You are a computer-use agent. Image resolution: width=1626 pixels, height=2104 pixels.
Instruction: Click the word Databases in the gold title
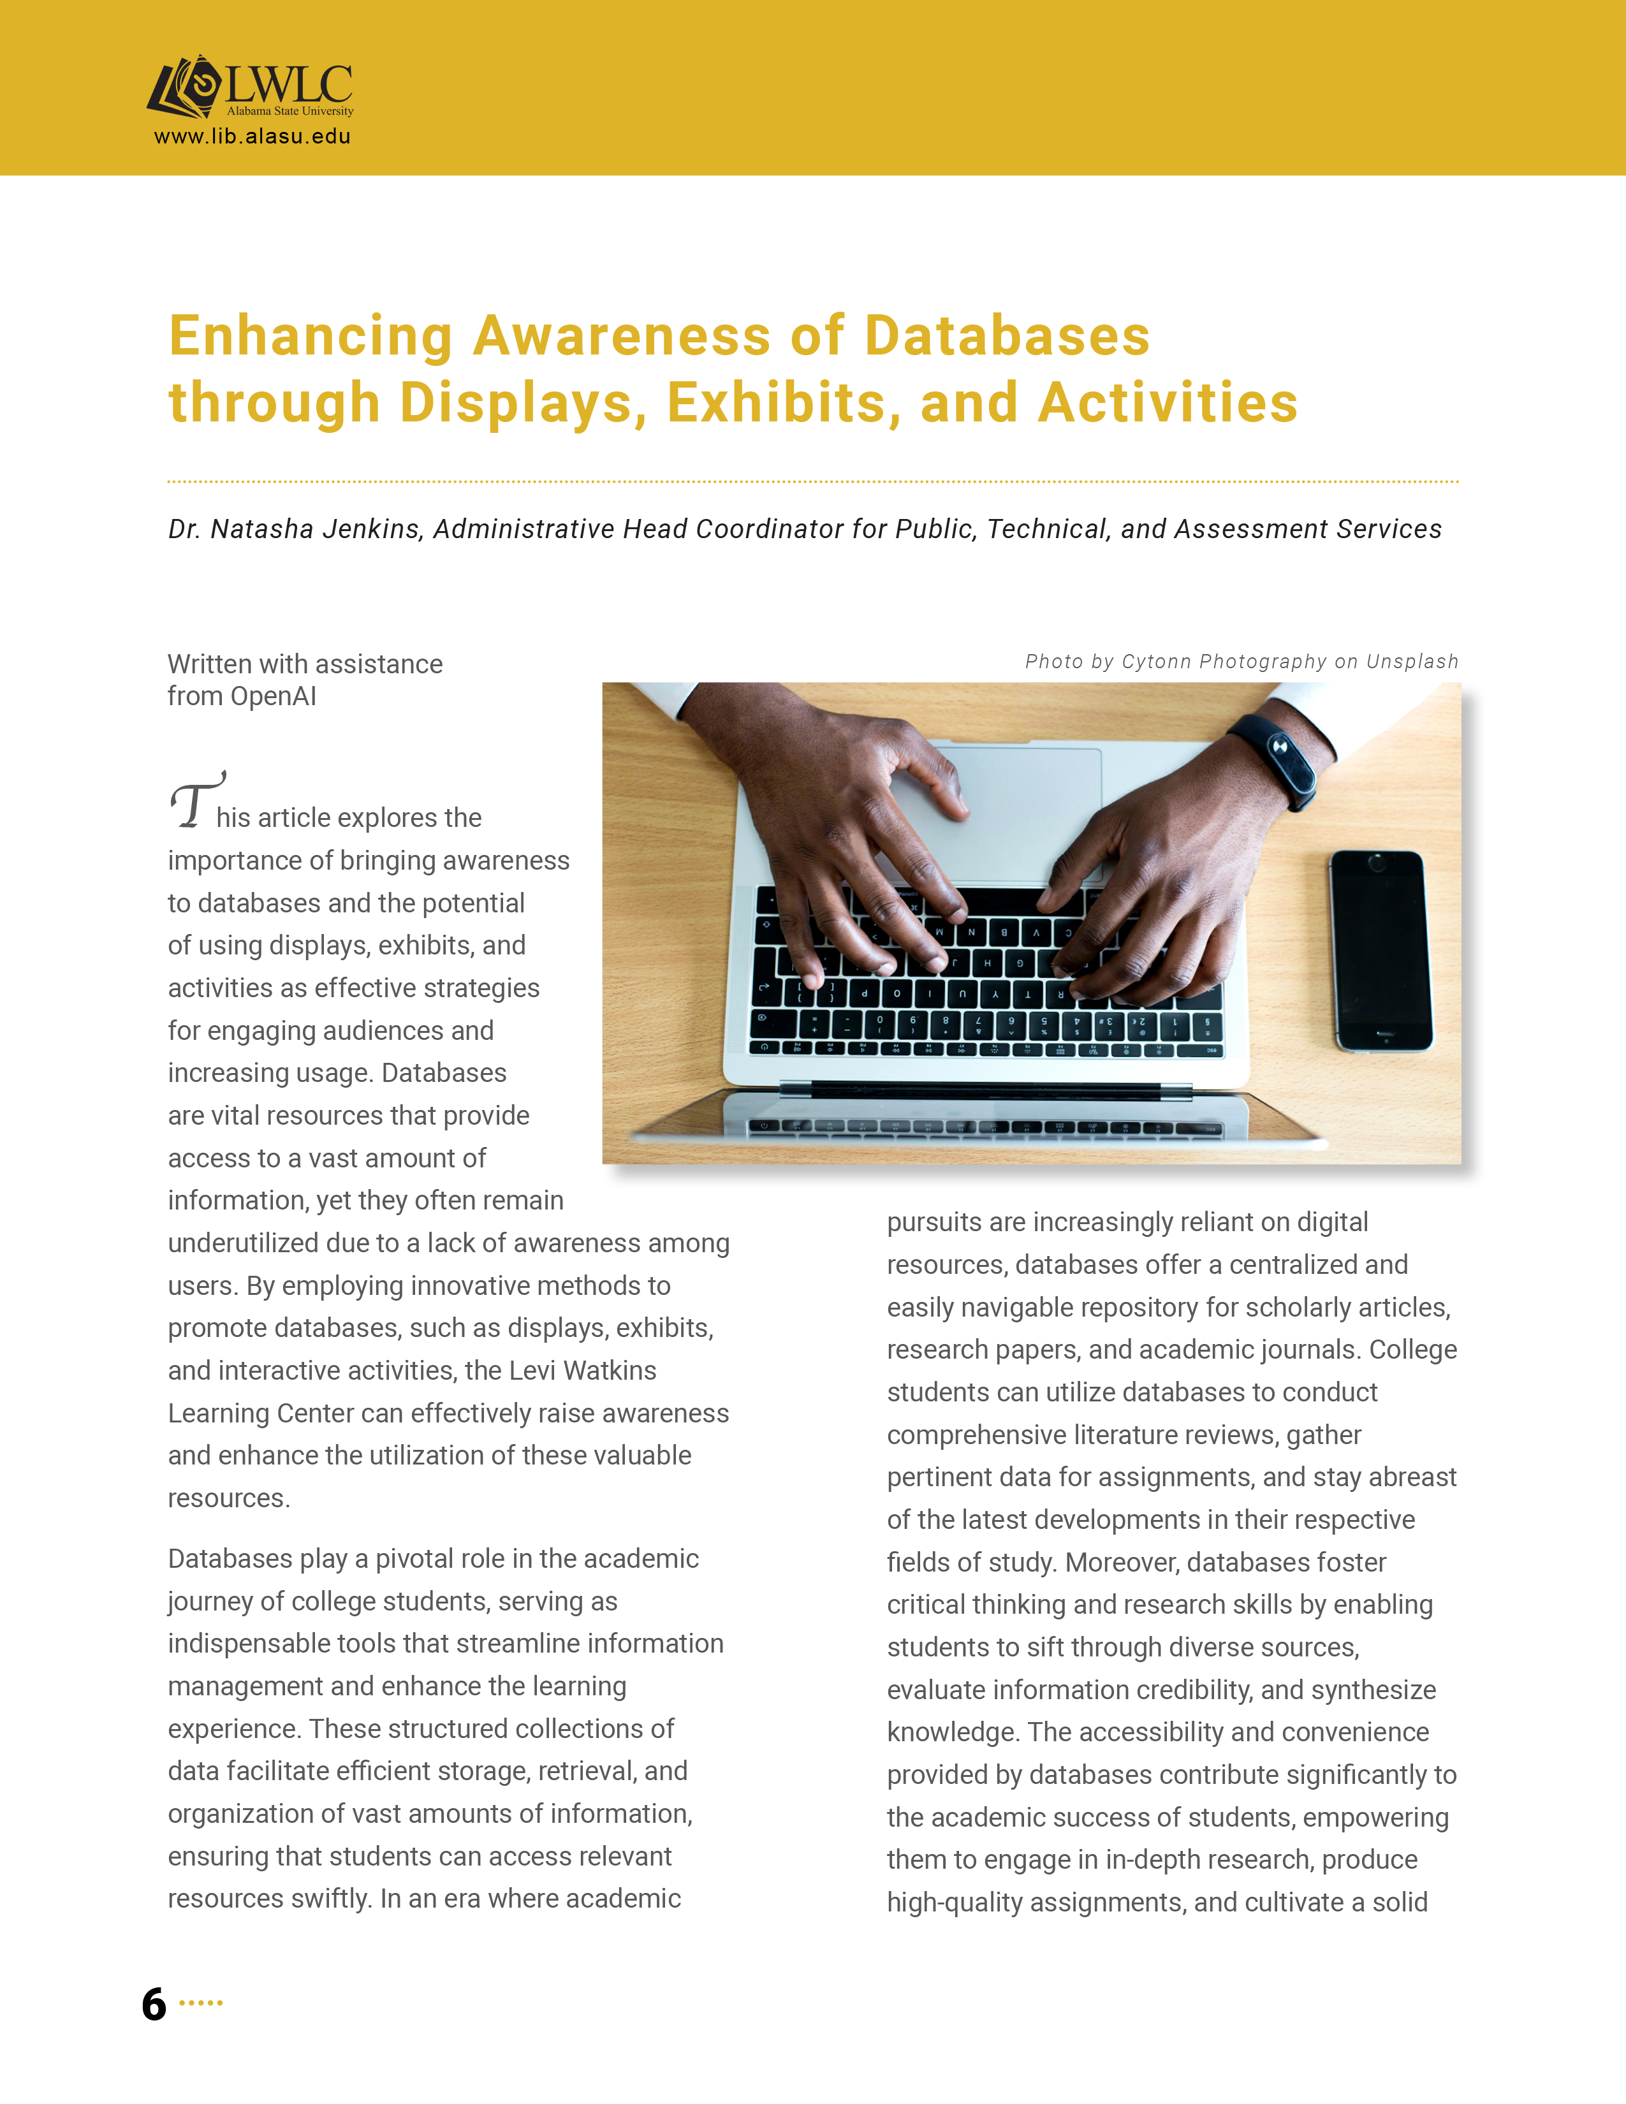tap(1007, 336)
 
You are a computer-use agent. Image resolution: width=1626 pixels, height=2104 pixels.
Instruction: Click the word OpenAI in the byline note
tap(274, 696)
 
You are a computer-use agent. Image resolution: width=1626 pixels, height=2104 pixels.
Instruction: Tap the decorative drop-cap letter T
tap(196, 801)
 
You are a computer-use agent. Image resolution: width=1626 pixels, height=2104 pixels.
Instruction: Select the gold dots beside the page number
tap(201, 2003)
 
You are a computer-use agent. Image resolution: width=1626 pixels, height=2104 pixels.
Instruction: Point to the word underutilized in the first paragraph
tap(244, 1244)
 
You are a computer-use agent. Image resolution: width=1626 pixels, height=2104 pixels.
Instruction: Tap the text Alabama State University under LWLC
tap(290, 112)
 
